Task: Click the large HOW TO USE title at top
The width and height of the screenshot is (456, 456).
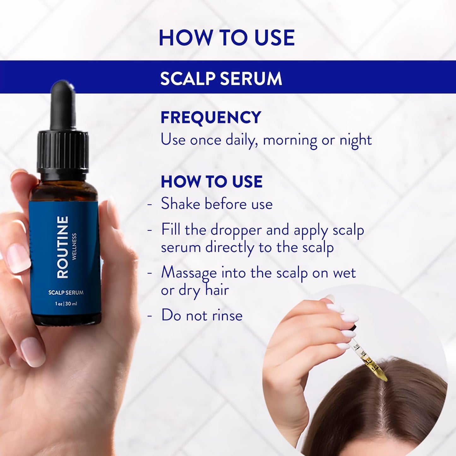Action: [x=227, y=38]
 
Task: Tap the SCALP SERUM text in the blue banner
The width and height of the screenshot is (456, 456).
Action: [x=221, y=78]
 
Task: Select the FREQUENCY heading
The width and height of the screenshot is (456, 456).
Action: [x=211, y=117]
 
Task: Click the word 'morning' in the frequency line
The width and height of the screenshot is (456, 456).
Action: [x=290, y=140]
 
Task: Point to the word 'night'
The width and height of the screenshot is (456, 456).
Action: [x=355, y=140]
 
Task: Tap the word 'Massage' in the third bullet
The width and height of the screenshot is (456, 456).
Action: [x=189, y=273]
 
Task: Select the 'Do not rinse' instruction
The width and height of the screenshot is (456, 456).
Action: [x=202, y=315]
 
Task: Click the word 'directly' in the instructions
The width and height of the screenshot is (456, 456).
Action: [x=229, y=248]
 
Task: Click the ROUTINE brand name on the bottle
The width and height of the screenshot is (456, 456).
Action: [x=62, y=247]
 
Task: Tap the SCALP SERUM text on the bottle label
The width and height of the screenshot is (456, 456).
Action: [x=66, y=293]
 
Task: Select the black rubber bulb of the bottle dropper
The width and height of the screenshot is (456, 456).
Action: [x=63, y=104]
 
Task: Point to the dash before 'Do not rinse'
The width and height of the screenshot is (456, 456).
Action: [x=150, y=315]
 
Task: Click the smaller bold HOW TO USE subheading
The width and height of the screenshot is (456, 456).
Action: [x=211, y=182]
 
